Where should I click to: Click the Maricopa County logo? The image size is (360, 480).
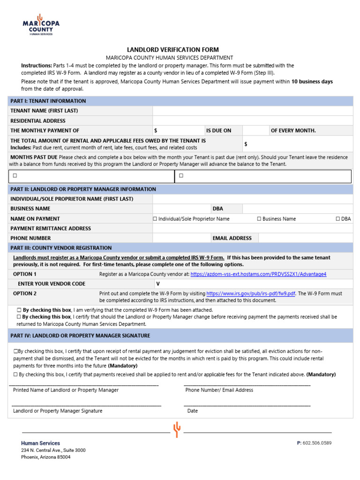41,24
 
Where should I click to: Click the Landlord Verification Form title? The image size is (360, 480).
173,50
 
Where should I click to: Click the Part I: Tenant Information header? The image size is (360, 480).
48,101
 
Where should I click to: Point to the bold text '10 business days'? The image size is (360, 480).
312,82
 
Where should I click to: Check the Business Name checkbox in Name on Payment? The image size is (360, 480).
259,219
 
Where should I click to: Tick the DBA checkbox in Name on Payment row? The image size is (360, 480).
338,219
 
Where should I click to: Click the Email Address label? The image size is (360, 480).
232,238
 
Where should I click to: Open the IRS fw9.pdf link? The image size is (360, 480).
251,293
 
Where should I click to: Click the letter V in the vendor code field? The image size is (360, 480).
157,284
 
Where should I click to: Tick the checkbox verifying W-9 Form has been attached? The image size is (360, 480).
19,310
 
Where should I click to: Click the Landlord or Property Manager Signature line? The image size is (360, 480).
86,404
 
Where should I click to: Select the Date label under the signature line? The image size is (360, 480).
192,411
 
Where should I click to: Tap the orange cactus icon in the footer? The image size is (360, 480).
177,429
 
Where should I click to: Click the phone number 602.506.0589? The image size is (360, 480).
317,443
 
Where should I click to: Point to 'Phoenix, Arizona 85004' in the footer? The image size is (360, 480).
46,457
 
